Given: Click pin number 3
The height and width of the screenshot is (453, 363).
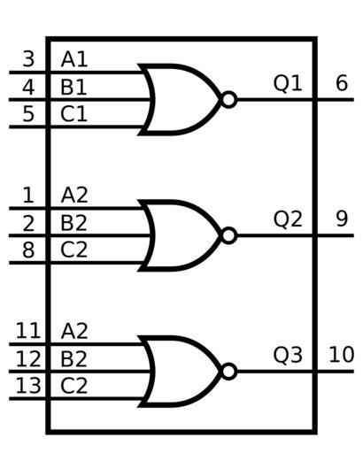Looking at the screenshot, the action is (x=28, y=59).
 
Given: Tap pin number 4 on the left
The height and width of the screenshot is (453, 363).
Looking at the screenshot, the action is (x=28, y=87).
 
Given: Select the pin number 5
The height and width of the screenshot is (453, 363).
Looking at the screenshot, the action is (x=28, y=114).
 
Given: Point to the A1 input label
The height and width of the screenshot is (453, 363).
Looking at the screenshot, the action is (x=74, y=59).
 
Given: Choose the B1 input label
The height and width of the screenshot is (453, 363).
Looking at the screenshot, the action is (x=73, y=87).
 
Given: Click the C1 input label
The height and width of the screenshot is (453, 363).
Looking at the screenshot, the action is (x=73, y=114).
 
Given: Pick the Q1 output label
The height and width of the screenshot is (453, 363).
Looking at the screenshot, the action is (x=288, y=83).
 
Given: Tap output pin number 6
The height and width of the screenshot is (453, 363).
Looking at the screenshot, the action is (x=342, y=83).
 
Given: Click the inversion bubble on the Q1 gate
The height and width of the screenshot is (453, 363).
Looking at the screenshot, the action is (x=229, y=100).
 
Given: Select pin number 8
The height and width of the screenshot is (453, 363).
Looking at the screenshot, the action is (x=28, y=250).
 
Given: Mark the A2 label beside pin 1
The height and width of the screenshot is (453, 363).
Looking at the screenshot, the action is (x=74, y=195).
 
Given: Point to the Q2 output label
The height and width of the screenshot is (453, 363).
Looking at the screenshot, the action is (x=288, y=219).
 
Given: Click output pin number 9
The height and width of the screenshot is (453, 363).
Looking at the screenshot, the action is (x=342, y=219).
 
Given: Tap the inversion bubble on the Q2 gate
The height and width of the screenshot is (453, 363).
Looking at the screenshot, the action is (x=229, y=235).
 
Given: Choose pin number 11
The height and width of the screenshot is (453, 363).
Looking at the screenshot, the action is (x=28, y=331).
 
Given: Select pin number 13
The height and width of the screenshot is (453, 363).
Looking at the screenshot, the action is (x=28, y=386).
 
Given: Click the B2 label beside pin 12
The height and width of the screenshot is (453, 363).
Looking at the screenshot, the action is (x=73, y=358).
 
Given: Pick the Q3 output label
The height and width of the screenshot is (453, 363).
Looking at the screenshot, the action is (x=288, y=355).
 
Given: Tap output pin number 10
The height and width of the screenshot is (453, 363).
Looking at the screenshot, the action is (x=342, y=355).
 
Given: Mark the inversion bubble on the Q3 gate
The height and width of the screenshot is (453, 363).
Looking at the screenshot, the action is (x=229, y=372).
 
